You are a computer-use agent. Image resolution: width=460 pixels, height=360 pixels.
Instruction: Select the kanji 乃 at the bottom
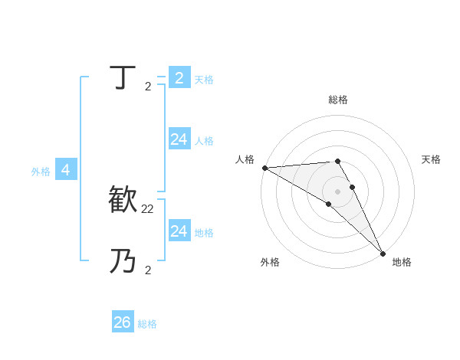[123, 261]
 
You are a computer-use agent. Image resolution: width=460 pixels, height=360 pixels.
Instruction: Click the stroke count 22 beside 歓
[148, 208]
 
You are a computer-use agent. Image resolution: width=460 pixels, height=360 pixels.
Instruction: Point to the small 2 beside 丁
[147, 86]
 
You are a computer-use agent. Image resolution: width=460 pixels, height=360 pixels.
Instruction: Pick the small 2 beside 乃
[147, 270]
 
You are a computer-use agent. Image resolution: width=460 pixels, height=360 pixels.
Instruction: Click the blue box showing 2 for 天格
[179, 78]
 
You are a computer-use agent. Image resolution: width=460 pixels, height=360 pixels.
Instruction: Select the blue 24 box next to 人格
[179, 139]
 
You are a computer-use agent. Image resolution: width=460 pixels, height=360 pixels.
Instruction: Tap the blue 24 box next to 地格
[179, 231]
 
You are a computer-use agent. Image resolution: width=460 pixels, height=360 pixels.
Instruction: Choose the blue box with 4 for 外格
[66, 170]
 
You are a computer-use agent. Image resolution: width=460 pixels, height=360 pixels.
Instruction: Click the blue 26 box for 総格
[123, 322]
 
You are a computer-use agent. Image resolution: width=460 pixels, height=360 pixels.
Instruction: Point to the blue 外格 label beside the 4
[41, 172]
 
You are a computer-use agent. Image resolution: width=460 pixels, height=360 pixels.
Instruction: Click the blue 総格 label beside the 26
[147, 324]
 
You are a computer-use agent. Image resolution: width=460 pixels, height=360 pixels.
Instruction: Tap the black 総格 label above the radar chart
[338, 100]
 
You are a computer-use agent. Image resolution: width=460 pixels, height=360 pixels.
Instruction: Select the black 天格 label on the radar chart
[431, 159]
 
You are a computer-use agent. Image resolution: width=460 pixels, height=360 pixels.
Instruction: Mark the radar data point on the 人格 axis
[264, 168]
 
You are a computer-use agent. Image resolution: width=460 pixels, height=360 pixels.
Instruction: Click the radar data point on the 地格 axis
[382, 253]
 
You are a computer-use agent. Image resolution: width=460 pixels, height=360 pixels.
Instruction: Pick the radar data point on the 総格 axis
[337, 162]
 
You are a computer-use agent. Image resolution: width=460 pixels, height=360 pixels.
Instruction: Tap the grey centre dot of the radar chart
[337, 191]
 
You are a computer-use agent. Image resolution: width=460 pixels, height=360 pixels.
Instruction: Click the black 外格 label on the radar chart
[270, 263]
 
